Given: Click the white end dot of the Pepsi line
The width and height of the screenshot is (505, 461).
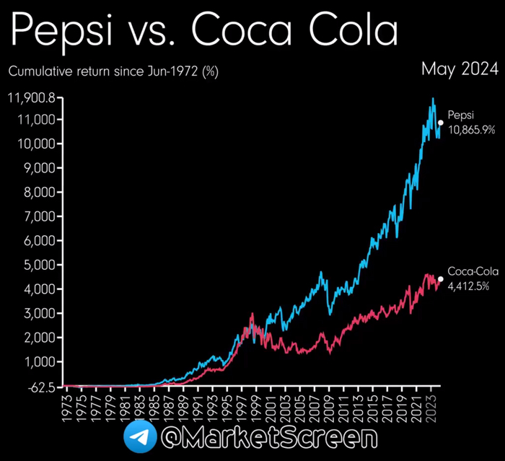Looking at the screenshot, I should click(440, 123).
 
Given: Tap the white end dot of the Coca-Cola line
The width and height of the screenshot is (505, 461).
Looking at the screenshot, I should click(440, 278).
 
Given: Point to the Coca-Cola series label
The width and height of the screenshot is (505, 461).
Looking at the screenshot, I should click(473, 271).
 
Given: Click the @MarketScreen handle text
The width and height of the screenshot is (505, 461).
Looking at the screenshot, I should click(269, 438).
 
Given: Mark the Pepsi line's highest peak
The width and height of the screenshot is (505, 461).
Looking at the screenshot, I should click(433, 98).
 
